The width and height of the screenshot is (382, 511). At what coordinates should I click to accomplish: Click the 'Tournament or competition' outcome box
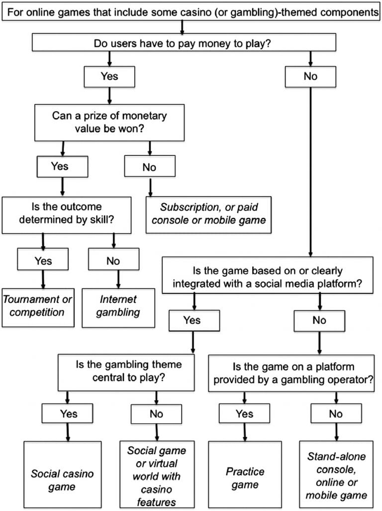pos(37,306)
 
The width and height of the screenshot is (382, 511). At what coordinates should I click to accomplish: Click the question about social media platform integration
pos(267,277)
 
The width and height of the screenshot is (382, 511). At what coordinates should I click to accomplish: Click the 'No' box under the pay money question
pos(311,76)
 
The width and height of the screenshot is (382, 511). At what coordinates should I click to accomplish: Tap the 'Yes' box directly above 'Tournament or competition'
pos(42,259)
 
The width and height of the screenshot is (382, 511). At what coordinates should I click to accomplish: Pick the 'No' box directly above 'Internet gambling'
pos(114,259)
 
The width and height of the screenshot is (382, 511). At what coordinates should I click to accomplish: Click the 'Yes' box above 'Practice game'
pos(244,413)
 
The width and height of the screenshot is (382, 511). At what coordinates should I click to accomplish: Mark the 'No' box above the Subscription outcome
pos(149,167)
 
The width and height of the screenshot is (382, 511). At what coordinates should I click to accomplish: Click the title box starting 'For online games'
pos(191,12)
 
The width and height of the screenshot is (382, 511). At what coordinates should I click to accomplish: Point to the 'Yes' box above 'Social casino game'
pos(68,413)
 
